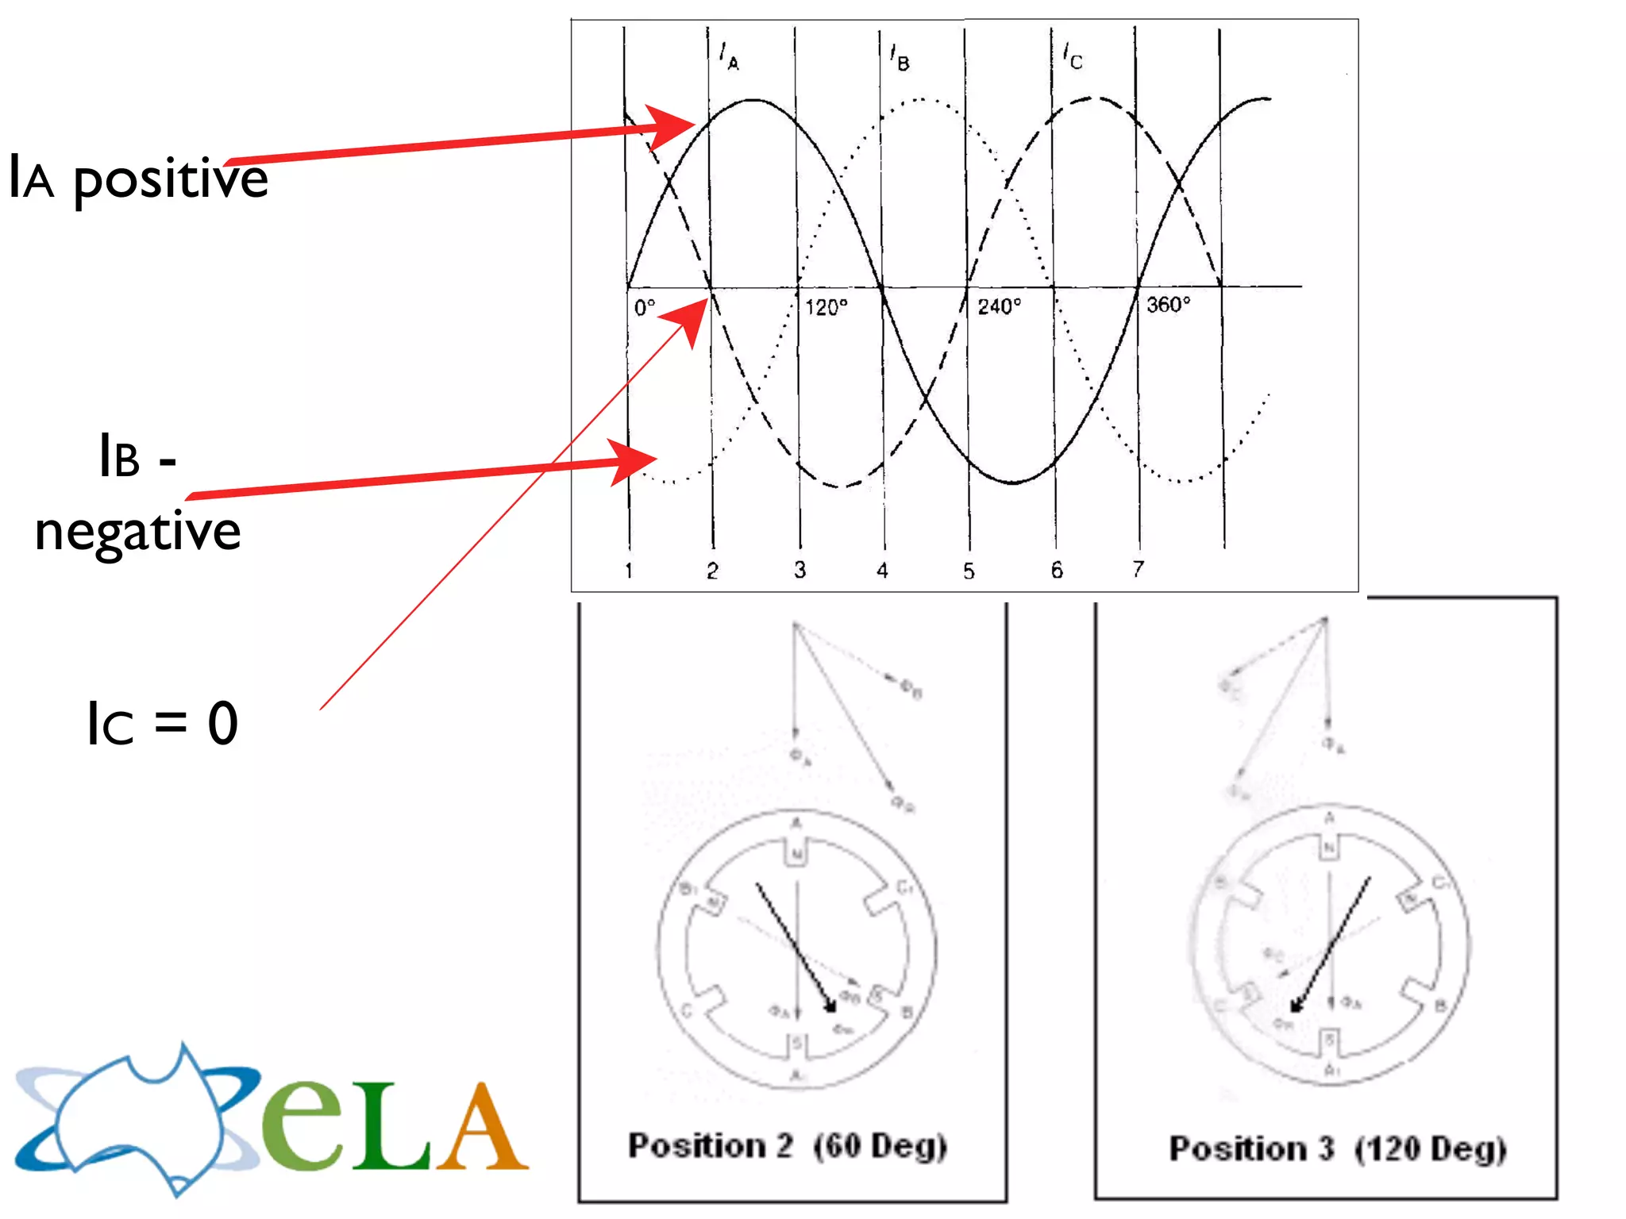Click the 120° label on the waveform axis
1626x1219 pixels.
(x=826, y=307)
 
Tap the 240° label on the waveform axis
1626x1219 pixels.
(x=999, y=306)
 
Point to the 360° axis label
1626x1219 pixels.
(x=1168, y=305)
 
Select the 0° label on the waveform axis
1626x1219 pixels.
(x=645, y=307)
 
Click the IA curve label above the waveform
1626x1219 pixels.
(x=729, y=56)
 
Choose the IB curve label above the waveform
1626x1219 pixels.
(x=900, y=57)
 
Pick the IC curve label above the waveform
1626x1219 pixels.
(x=1073, y=56)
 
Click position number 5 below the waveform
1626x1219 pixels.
(x=969, y=571)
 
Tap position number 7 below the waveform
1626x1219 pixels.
(x=1138, y=569)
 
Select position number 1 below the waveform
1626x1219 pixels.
(x=629, y=571)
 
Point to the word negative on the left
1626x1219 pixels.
(x=137, y=532)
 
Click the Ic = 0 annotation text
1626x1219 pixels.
(x=162, y=724)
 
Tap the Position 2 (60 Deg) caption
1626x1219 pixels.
(x=787, y=1146)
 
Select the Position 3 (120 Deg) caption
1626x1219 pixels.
(x=1337, y=1148)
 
